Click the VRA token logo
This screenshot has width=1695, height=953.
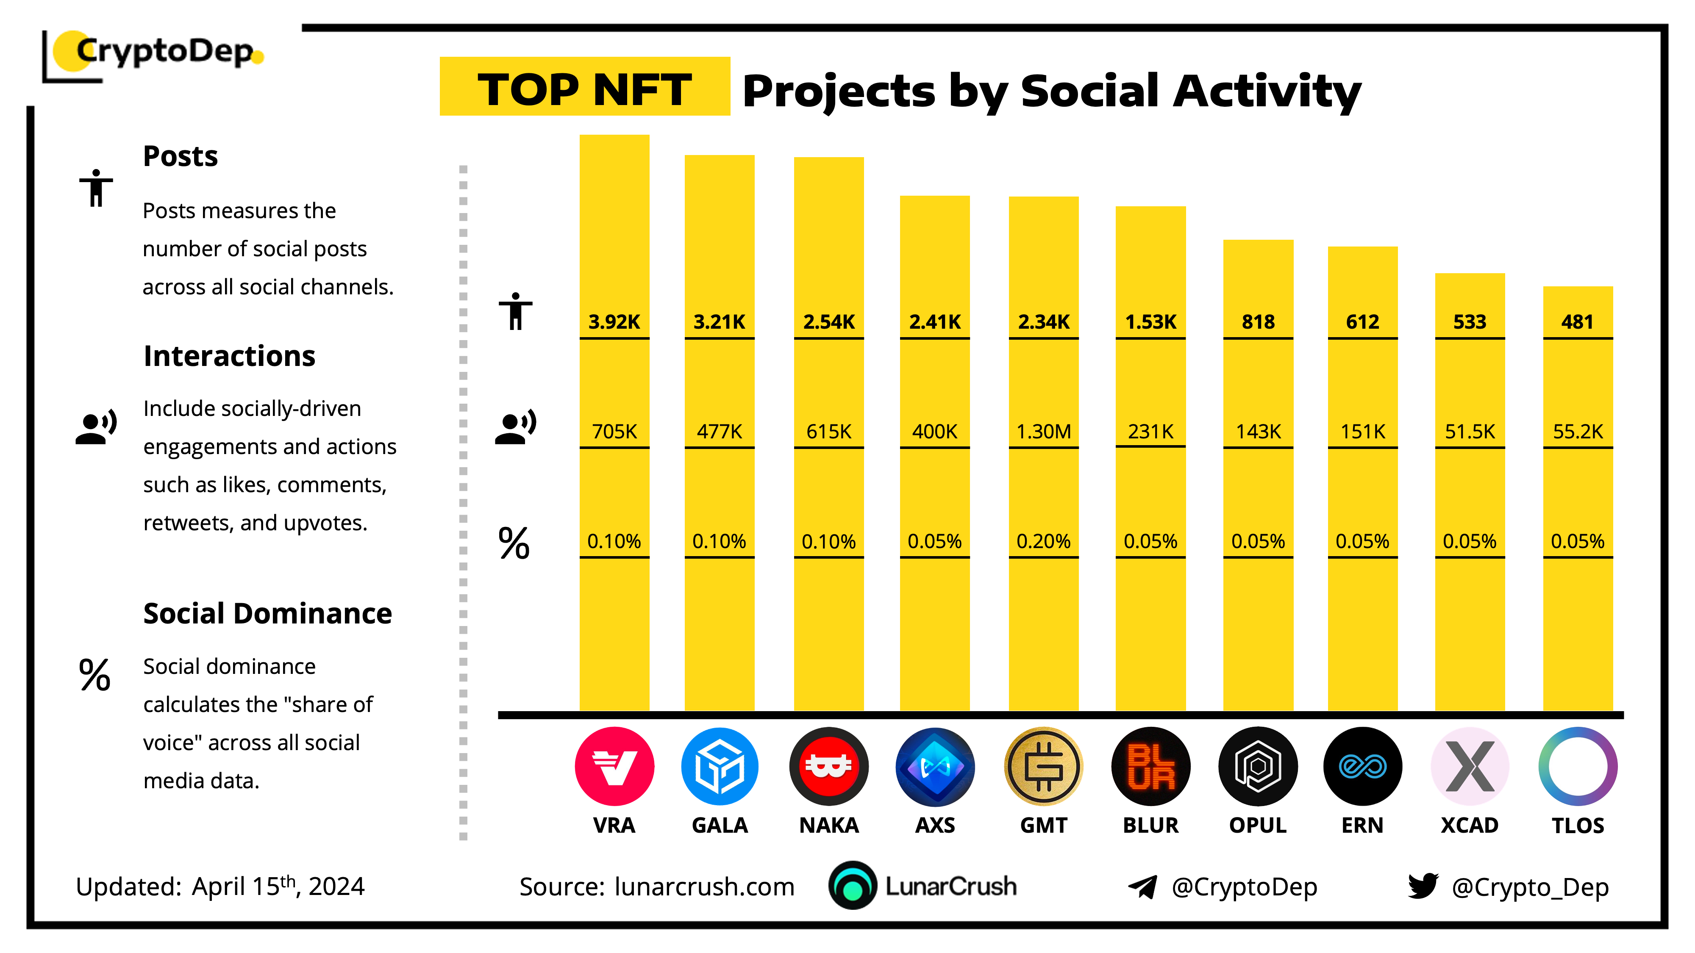pyautogui.click(x=614, y=766)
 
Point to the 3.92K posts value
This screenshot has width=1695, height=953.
pyautogui.click(x=614, y=321)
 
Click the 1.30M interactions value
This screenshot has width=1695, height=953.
pyautogui.click(x=1044, y=432)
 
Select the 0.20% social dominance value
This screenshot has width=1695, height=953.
pyautogui.click(x=1044, y=541)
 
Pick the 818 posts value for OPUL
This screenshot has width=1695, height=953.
pyautogui.click(x=1258, y=321)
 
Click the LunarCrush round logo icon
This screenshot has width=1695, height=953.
pyautogui.click(x=852, y=885)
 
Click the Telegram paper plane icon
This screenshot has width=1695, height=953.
pyautogui.click(x=1143, y=887)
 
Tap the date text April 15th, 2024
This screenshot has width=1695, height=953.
pyautogui.click(x=278, y=886)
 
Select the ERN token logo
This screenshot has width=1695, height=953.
pyautogui.click(x=1362, y=766)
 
